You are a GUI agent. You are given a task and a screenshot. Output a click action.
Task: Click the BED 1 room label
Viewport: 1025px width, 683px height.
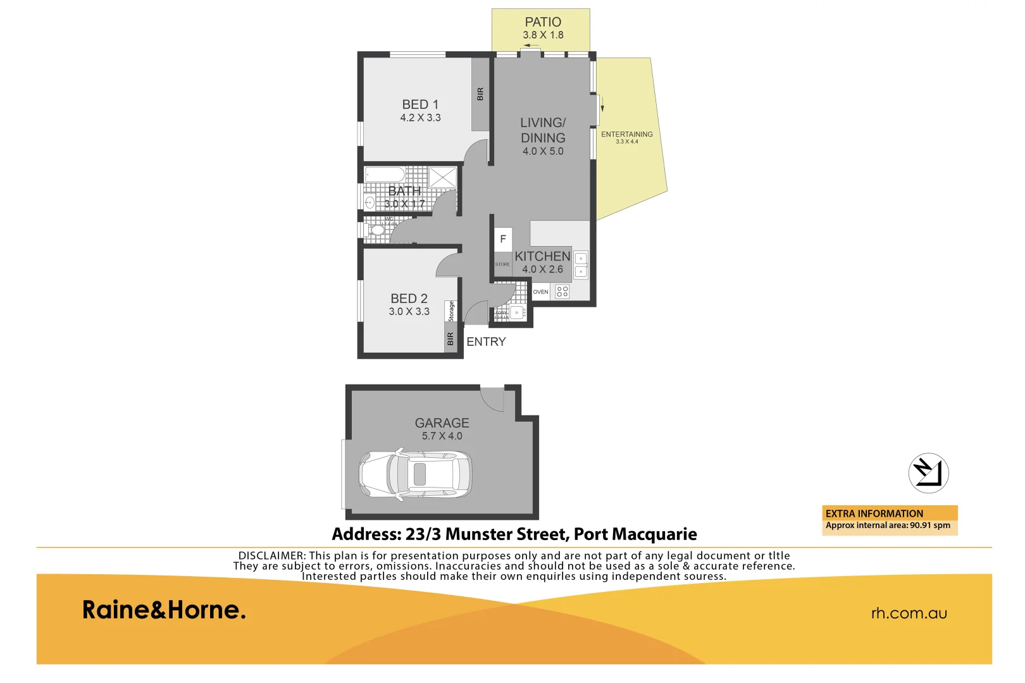(420, 104)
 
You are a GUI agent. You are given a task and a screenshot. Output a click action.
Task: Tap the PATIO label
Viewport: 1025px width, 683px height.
(543, 22)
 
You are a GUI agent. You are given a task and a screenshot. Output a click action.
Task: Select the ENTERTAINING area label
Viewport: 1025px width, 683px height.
(626, 134)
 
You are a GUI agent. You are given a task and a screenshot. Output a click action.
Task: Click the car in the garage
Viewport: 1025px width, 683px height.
(415, 475)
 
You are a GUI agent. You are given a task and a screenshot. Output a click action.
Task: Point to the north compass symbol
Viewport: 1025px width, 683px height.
(928, 473)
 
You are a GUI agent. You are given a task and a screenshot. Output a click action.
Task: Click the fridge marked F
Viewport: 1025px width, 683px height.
(503, 239)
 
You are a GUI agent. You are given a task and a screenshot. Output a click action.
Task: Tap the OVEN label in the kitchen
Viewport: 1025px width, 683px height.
(540, 292)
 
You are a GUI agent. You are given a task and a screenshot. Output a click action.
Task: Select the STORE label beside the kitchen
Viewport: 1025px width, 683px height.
(502, 264)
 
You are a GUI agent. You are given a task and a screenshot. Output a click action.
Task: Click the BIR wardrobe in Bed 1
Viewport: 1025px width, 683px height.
(480, 94)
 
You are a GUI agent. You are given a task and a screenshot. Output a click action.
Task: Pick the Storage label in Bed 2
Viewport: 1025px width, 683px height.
(451, 311)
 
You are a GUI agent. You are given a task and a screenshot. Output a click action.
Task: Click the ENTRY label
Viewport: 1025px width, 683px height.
(486, 341)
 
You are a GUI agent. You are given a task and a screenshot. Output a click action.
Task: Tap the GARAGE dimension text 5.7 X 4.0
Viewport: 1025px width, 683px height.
(442, 436)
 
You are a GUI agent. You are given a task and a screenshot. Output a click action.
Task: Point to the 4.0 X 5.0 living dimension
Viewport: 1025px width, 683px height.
(543, 151)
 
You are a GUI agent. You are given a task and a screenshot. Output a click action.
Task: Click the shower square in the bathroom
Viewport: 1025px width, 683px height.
(442, 177)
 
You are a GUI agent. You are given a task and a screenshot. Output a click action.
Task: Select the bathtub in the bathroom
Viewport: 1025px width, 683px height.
(385, 175)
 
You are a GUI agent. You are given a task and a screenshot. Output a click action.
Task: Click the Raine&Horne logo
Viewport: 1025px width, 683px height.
(164, 610)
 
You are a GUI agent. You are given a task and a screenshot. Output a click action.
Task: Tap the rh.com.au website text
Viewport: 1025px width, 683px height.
(909, 613)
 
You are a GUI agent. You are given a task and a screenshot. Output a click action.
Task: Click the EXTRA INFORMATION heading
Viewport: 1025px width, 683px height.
(874, 514)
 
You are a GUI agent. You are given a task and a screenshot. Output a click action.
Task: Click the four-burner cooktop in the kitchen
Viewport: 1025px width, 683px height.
(562, 292)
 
